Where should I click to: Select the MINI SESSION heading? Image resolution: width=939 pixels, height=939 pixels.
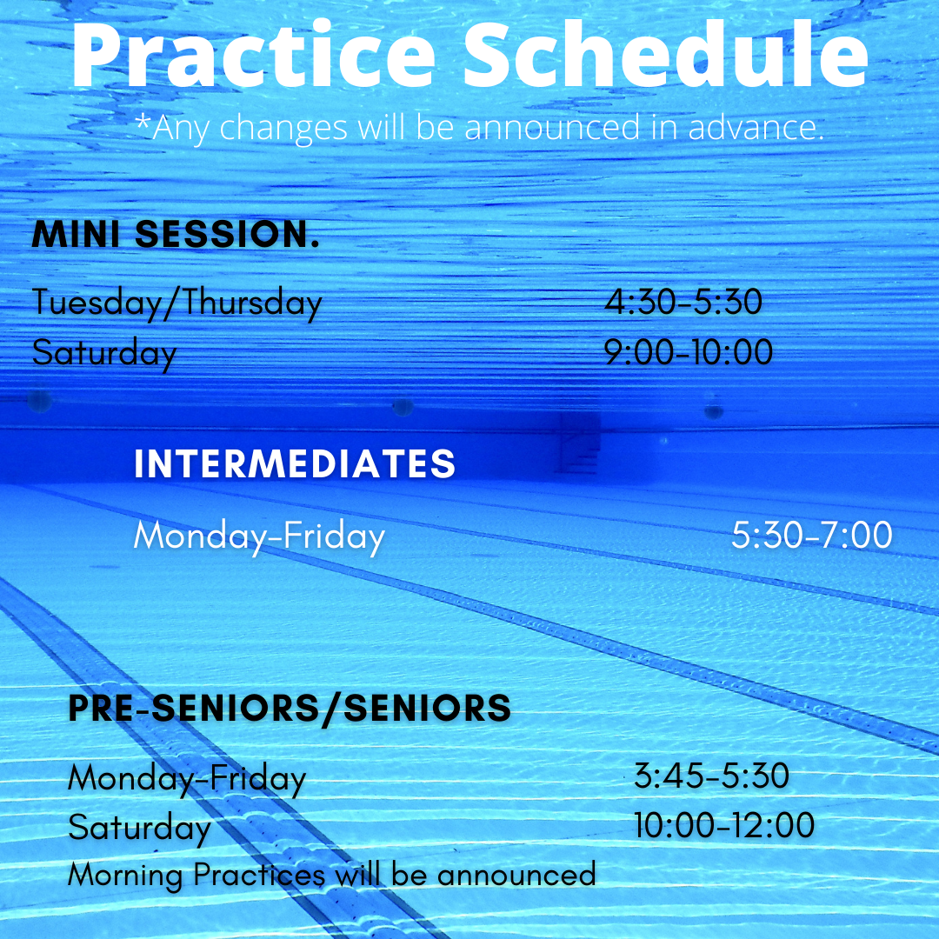(176, 235)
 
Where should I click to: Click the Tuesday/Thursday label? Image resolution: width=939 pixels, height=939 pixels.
(177, 303)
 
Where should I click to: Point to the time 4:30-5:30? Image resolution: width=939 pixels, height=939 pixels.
(683, 303)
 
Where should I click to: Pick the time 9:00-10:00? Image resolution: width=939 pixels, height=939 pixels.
(689, 352)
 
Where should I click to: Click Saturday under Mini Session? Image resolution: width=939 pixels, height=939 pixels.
(104, 353)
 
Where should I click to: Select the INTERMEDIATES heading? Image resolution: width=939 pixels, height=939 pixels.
(295, 464)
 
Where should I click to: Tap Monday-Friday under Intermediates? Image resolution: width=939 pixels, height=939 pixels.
(259, 536)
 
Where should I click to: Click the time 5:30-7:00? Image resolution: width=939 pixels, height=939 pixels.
(811, 536)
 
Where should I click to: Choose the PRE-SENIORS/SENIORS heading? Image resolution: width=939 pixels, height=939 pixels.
(290, 709)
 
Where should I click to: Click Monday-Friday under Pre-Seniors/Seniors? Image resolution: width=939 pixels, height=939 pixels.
(187, 777)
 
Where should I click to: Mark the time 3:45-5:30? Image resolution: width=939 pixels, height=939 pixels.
(711, 776)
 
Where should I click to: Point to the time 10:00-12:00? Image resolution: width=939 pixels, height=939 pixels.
(724, 825)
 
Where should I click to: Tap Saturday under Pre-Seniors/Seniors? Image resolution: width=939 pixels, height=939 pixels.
(139, 827)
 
